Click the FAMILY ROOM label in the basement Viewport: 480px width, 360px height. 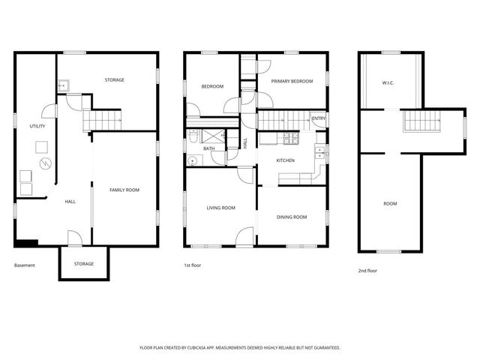(x=124, y=190)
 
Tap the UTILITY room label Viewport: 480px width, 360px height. (x=37, y=126)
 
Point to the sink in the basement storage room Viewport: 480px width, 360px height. (x=64, y=85)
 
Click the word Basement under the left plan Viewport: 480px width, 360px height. (x=25, y=265)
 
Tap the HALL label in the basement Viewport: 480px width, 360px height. (x=70, y=201)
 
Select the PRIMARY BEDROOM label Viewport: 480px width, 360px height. (x=292, y=81)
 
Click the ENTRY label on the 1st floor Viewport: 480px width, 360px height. (x=318, y=118)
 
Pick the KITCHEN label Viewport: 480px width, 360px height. (x=285, y=160)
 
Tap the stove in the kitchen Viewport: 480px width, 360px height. (x=287, y=137)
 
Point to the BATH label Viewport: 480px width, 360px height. (x=208, y=148)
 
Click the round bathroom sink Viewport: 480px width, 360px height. (x=193, y=160)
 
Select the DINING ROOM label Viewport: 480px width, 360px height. (x=292, y=217)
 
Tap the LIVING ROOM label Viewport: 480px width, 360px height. (x=221, y=208)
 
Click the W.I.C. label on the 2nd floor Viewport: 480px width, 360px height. (x=388, y=82)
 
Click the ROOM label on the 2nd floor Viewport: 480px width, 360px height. (x=390, y=203)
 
